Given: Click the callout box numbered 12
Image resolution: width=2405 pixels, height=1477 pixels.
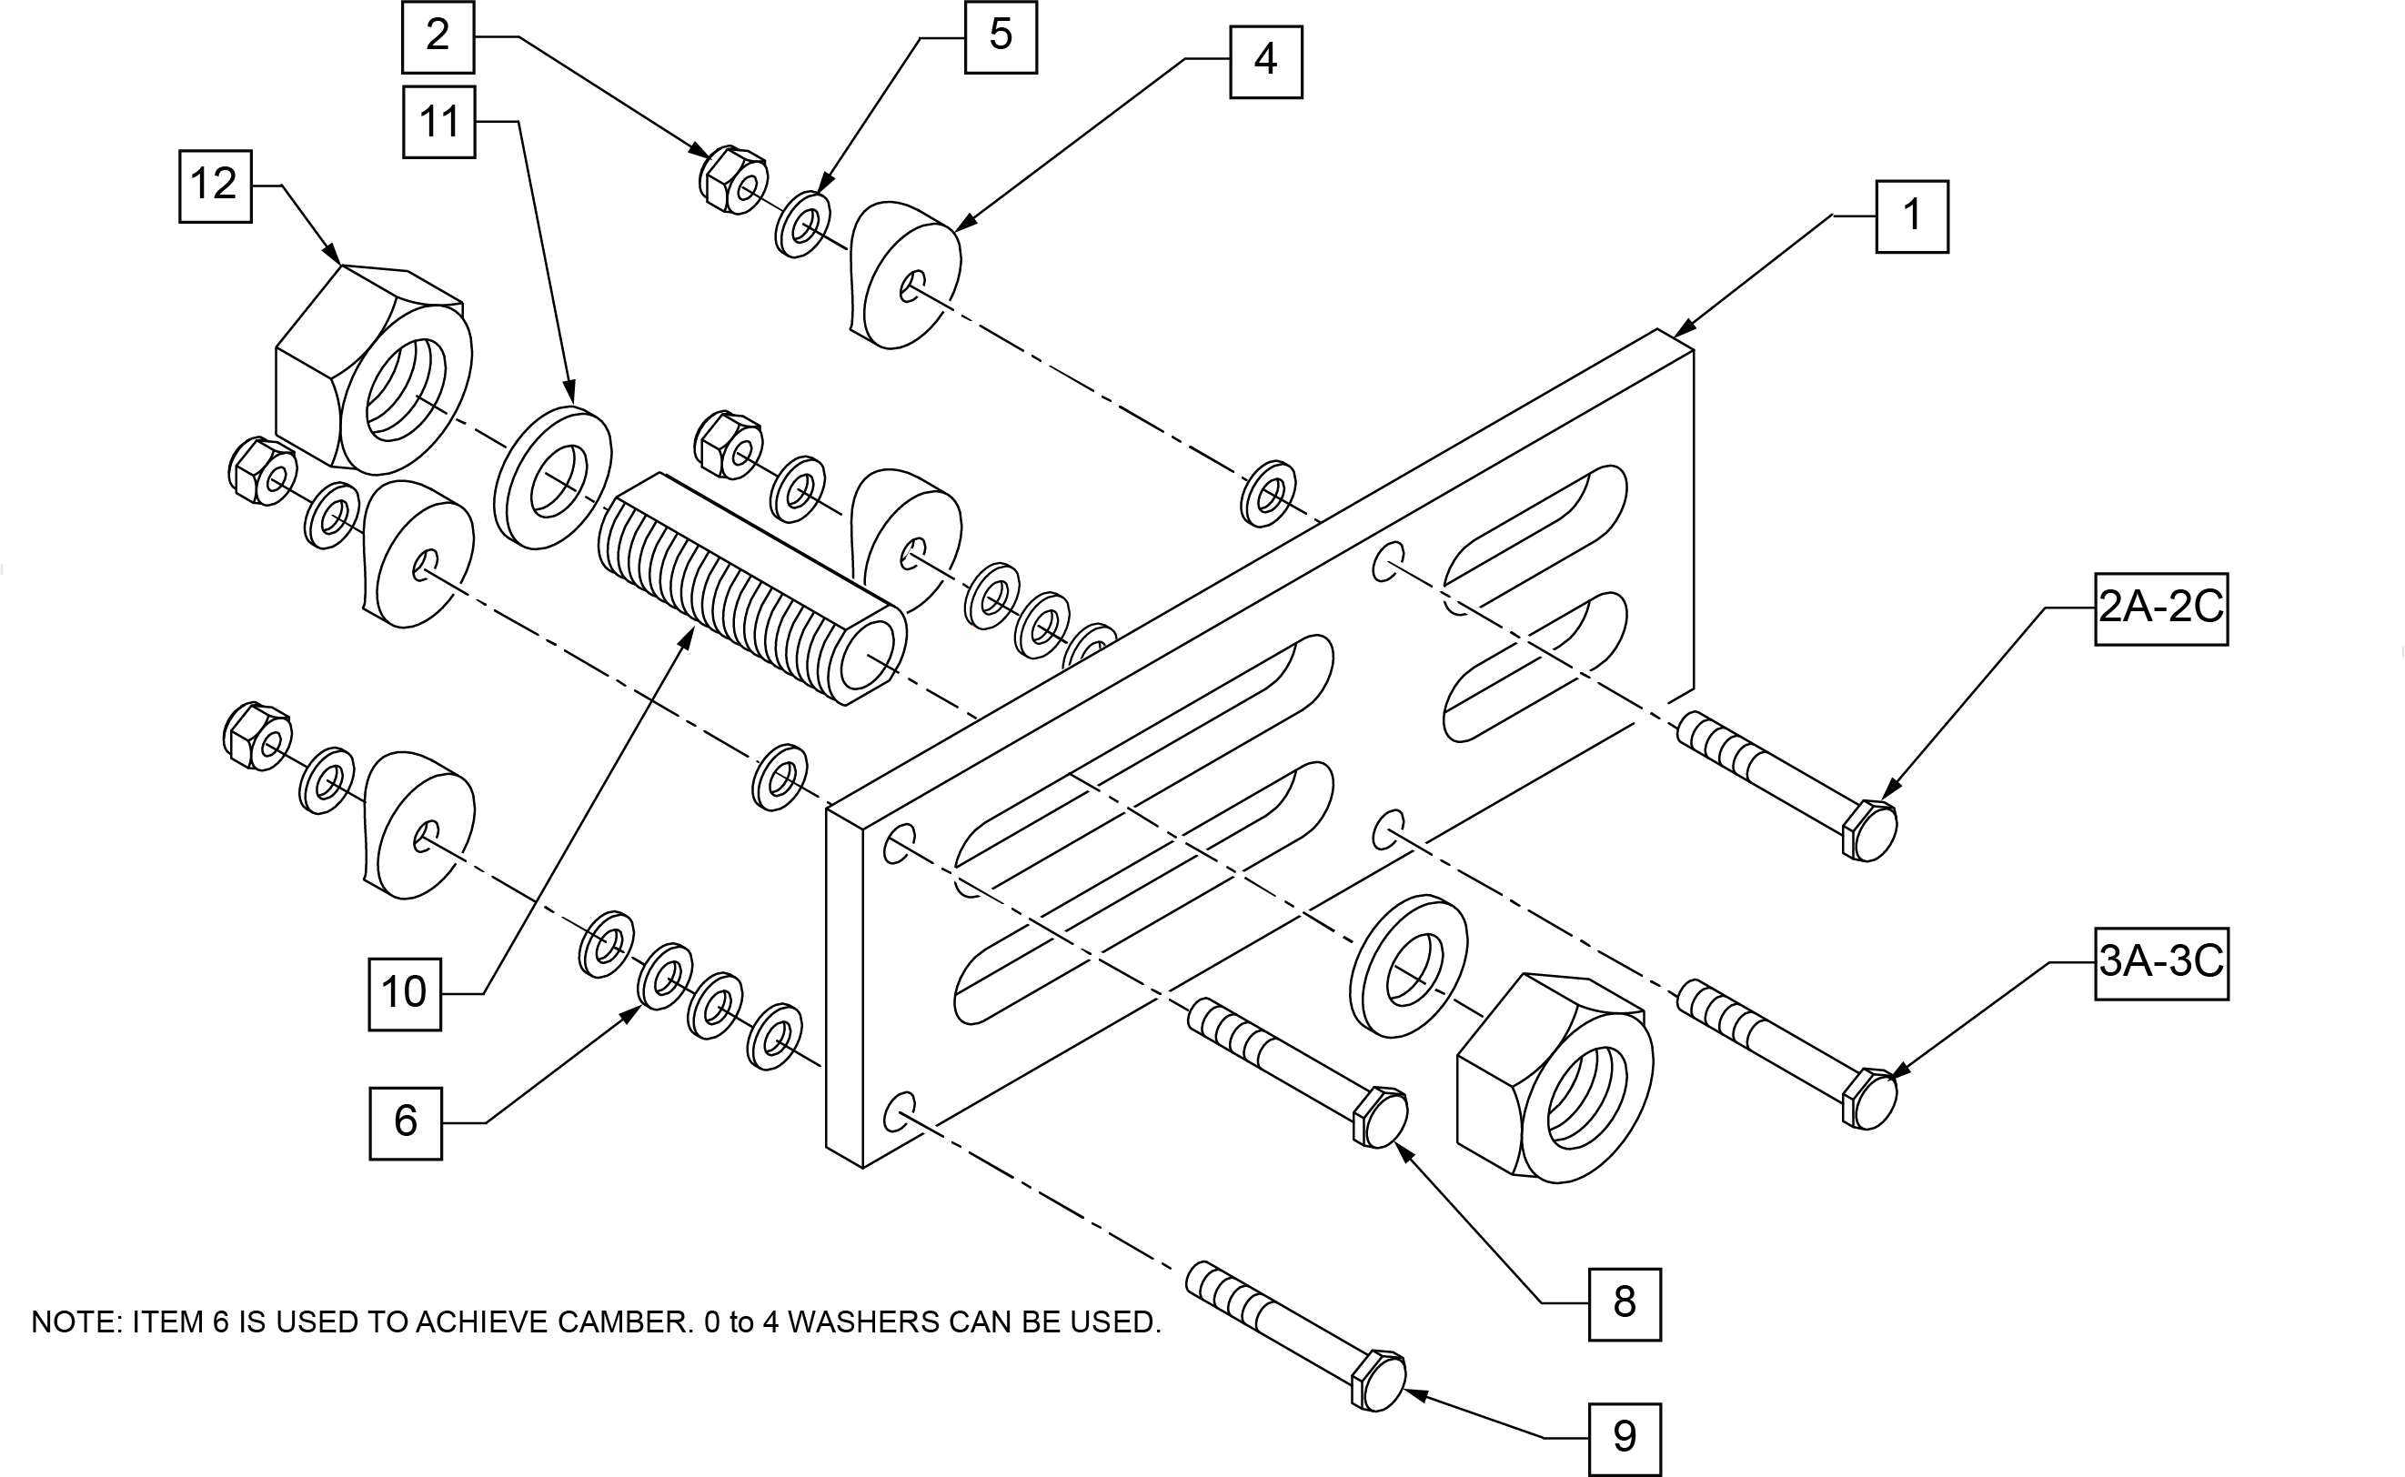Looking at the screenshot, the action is (215, 186).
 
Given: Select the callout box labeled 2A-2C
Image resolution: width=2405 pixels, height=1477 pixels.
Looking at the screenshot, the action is (2161, 608).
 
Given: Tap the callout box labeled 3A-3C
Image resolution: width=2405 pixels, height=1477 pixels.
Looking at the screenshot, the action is (2161, 963).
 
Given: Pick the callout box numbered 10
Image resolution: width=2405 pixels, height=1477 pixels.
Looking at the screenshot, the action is (405, 994).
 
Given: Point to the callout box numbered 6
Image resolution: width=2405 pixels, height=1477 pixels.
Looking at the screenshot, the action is (406, 1123).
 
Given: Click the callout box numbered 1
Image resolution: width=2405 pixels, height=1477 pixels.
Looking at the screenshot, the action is (1912, 216).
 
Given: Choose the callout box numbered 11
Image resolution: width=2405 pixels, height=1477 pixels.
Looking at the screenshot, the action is (438, 122).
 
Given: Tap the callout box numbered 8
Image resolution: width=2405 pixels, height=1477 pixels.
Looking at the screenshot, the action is (1625, 1304).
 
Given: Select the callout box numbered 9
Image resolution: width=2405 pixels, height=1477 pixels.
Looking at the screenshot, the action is (1625, 1439).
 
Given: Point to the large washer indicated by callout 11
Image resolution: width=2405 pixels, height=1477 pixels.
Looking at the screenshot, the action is (553, 477).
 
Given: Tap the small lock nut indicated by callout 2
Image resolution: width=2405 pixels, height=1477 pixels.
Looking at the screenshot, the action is (732, 179).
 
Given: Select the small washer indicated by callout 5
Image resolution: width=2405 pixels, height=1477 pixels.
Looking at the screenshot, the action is (803, 226).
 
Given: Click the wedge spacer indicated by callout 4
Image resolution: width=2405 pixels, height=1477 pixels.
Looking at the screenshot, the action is (904, 275).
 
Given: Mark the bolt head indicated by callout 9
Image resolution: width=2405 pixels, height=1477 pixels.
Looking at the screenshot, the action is (1378, 1381).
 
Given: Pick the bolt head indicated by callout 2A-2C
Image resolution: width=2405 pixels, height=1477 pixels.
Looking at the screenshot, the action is (1869, 830).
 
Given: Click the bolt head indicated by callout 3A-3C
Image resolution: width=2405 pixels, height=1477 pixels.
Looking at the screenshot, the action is (1869, 1099).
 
